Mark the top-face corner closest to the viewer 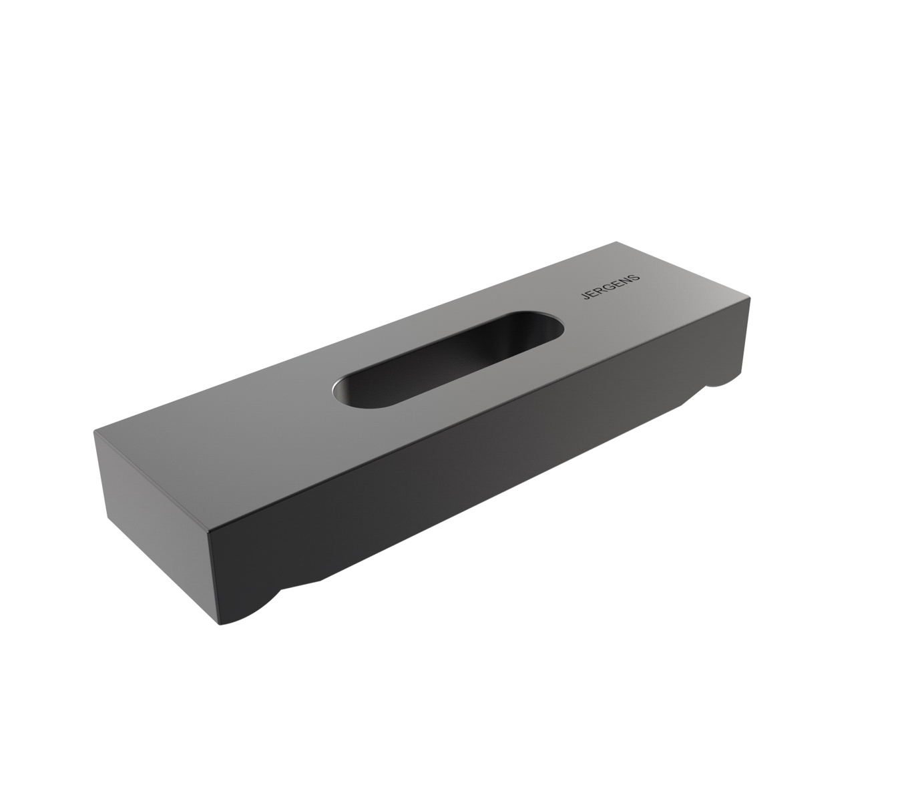tap(209, 532)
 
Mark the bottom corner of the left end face tap(107, 521)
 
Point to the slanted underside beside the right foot tap(694, 394)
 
